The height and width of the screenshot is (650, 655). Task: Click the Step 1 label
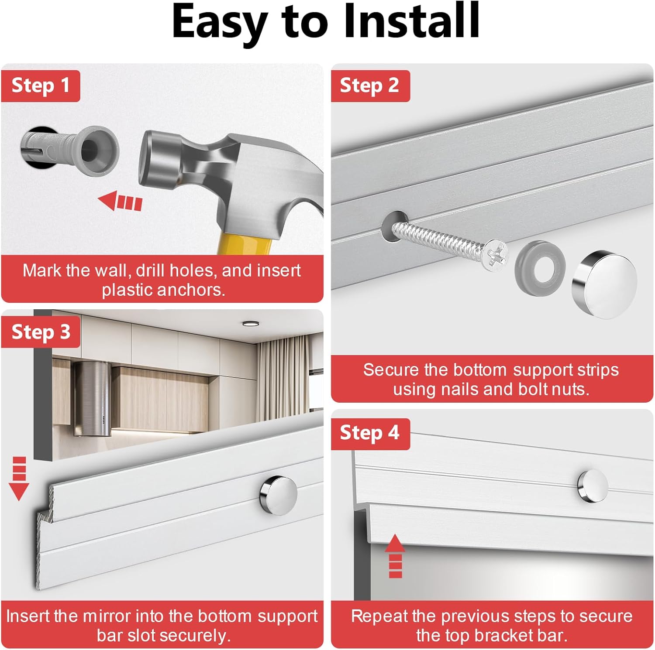pos(41,86)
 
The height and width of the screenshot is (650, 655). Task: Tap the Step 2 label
pos(370,86)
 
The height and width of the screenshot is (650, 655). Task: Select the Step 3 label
pos(41,332)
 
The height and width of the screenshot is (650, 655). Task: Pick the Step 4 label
pos(370,433)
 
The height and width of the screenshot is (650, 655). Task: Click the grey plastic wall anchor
pos(70,149)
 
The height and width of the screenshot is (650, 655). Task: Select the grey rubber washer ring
pos(540,266)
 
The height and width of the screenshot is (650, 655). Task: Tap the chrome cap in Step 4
pos(592,486)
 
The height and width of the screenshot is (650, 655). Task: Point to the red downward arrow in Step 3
pos(19,478)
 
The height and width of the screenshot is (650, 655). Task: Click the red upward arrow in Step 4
pos(395,556)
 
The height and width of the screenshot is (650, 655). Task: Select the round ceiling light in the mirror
pos(250,323)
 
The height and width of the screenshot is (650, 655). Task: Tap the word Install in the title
pos(412,21)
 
